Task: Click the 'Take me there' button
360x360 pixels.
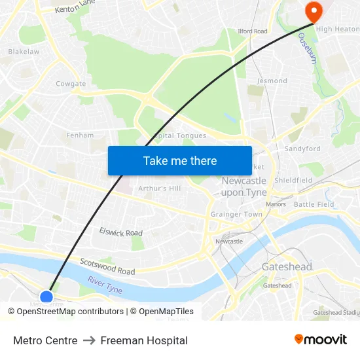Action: pyautogui.click(x=180, y=160)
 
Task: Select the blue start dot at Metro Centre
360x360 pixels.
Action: pyautogui.click(x=46, y=298)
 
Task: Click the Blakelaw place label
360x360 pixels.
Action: pyautogui.click(x=24, y=51)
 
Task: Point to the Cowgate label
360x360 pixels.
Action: pyautogui.click(x=71, y=84)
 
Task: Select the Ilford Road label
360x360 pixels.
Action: pyautogui.click(x=252, y=31)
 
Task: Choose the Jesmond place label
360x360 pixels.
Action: pyautogui.click(x=272, y=81)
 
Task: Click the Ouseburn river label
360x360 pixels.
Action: pyautogui.click(x=307, y=49)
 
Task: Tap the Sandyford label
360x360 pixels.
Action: pyautogui.click(x=302, y=149)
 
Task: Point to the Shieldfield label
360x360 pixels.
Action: pyautogui.click(x=293, y=180)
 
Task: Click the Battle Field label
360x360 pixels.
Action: pyautogui.click(x=314, y=204)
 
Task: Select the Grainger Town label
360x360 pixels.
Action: pyautogui.click(x=236, y=214)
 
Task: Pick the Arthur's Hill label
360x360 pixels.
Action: pyautogui.click(x=159, y=188)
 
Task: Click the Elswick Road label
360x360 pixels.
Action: pyautogui.click(x=120, y=232)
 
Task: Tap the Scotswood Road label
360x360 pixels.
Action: pyautogui.click(x=107, y=266)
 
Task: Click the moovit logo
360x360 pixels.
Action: pyautogui.click(x=320, y=340)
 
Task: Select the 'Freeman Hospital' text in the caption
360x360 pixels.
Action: pyautogui.click(x=144, y=340)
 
